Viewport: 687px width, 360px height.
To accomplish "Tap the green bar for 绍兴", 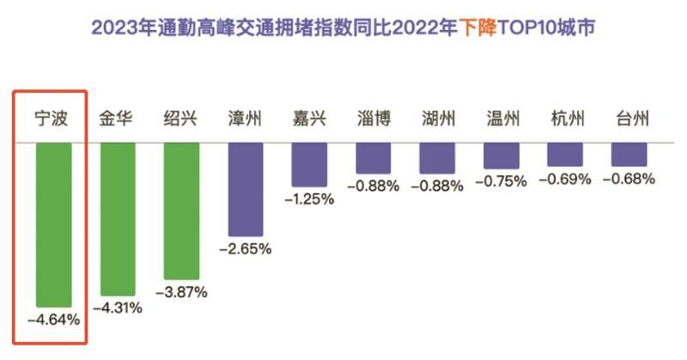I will [x=181, y=211].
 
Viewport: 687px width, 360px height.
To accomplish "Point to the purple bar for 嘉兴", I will [x=309, y=164].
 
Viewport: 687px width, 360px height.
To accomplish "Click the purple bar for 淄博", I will [x=374, y=157].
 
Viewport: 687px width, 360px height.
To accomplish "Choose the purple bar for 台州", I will [x=629, y=155].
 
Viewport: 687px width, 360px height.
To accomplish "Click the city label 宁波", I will [x=52, y=119].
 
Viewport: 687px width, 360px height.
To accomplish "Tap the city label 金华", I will [x=118, y=119].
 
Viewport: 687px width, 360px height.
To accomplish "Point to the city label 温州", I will [x=502, y=119].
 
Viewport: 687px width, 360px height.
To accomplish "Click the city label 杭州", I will [x=566, y=119].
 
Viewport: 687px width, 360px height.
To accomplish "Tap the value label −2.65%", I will [x=246, y=249].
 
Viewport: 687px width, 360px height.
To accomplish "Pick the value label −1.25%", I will [x=309, y=199].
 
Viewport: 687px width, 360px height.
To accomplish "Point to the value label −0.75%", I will [x=502, y=180].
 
